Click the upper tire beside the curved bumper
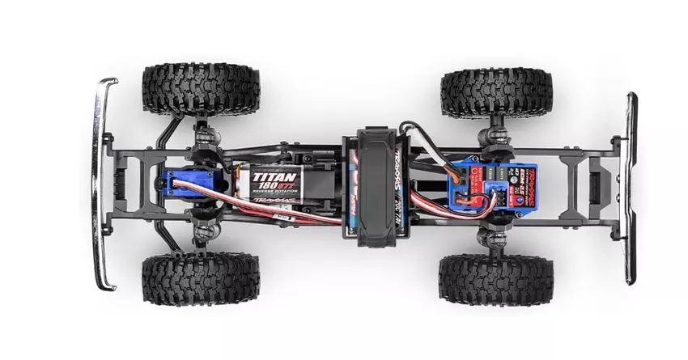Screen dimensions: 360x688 point(201,89)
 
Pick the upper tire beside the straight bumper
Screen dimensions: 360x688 point(496,92)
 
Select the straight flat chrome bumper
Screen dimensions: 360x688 point(630,188)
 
